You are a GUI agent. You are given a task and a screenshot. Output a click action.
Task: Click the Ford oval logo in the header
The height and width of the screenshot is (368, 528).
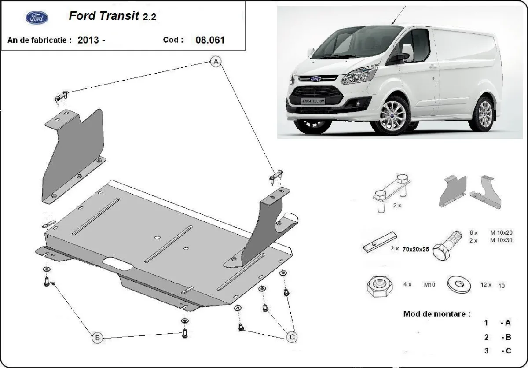pos(37,17)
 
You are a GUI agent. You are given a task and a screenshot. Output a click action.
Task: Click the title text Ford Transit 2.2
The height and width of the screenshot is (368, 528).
pos(112,16)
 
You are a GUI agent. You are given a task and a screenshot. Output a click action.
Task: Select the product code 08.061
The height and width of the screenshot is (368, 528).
pos(210,40)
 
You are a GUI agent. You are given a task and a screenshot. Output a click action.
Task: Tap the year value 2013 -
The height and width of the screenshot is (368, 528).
pos(91,40)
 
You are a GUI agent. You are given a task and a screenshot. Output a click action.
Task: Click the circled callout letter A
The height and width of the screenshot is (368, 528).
pos(216,62)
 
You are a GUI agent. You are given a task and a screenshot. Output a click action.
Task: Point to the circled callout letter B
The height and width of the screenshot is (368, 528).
pos(97,338)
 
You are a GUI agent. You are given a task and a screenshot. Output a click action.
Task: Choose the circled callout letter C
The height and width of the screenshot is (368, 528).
pos(291,337)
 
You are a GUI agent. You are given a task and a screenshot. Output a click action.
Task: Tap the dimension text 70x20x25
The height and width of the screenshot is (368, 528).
pos(415,249)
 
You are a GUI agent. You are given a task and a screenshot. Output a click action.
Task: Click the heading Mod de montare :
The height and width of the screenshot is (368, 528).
pos(436,314)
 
